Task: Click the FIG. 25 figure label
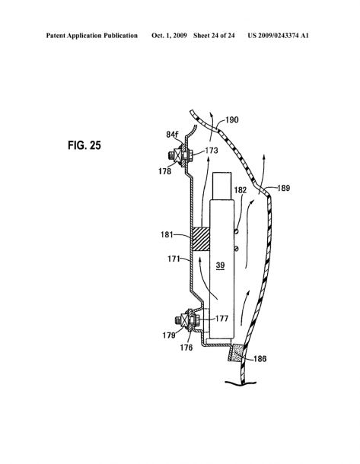click(84, 145)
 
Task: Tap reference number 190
click(232, 120)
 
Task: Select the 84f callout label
click(172, 134)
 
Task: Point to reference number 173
click(211, 151)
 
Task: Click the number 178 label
click(164, 171)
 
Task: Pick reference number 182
click(241, 189)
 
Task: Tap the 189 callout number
click(283, 188)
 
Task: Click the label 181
click(167, 235)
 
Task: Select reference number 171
click(174, 259)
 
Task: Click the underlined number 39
click(220, 265)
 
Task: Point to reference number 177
click(221, 319)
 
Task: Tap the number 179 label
click(169, 335)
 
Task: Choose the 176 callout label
click(186, 348)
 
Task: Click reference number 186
click(260, 359)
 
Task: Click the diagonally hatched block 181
click(201, 239)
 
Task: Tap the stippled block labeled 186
click(236, 353)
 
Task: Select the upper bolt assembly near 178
click(181, 155)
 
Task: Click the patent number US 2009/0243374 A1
click(279, 36)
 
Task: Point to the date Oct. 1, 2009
click(169, 36)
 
